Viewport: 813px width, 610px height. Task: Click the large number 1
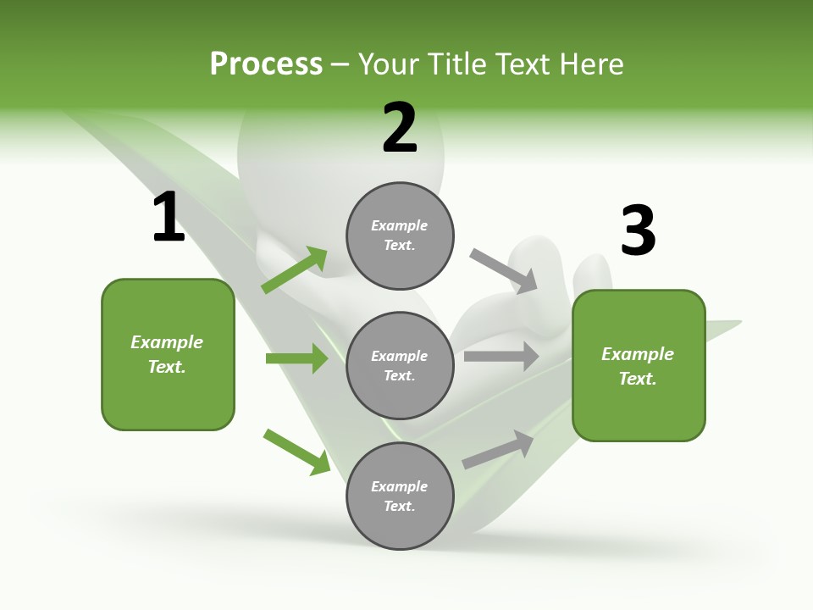point(169,218)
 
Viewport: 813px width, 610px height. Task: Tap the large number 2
point(400,128)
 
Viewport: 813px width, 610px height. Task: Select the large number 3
point(638,230)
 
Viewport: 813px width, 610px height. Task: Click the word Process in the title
point(266,64)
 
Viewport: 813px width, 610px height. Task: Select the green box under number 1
point(168,354)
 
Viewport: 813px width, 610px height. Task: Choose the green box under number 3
point(639,366)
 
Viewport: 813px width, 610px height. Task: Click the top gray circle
point(400,236)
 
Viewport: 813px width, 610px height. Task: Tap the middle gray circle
point(400,365)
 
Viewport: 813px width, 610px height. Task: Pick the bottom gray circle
point(400,496)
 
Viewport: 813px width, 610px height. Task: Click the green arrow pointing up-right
point(295,270)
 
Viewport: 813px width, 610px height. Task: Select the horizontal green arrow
point(296,358)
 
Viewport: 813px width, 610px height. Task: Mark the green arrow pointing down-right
point(297,452)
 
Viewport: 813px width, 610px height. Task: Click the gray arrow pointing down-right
point(504,270)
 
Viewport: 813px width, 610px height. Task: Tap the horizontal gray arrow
point(501,357)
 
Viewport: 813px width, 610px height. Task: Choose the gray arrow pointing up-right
point(498,450)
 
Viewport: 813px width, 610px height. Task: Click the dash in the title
point(340,64)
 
